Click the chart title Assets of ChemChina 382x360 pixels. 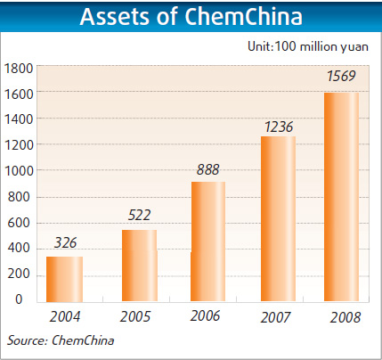(x=191, y=18)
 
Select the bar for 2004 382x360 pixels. (x=64, y=280)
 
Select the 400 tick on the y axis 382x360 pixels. (x=23, y=248)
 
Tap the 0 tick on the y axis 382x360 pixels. (x=29, y=299)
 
